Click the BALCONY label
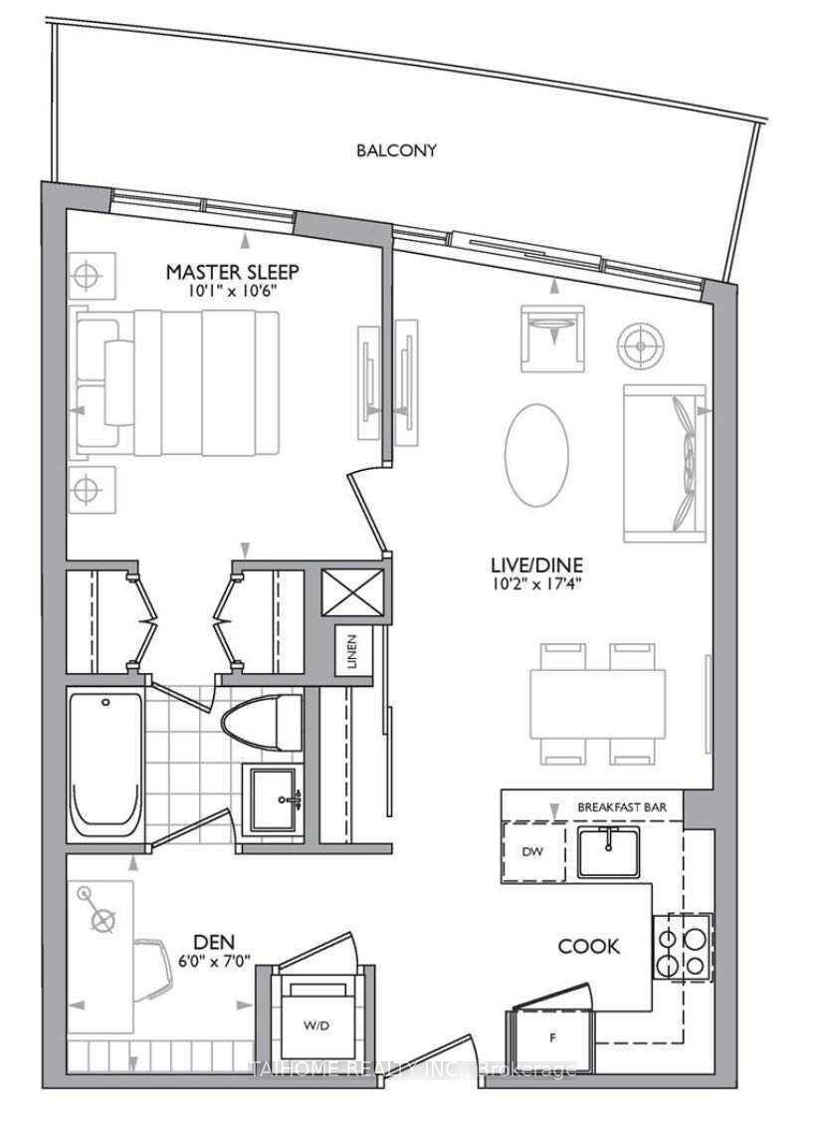pos(397,151)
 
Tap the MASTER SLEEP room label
pos(233,271)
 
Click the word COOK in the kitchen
pos(588,946)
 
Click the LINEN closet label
pos(351,651)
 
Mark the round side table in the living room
pos(638,344)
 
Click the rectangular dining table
pos(597,704)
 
